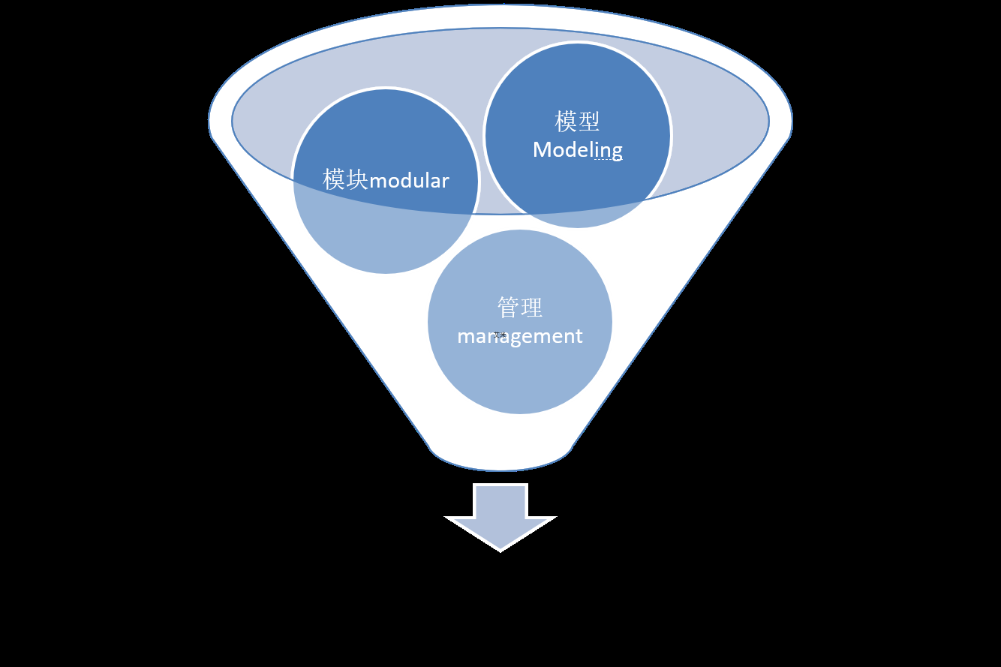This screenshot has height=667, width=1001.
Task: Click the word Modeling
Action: click(x=577, y=150)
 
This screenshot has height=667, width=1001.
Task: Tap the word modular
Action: click(x=409, y=181)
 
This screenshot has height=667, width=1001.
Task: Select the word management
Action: click(x=519, y=336)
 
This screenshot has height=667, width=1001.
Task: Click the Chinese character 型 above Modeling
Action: click(x=588, y=122)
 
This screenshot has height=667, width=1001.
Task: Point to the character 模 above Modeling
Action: click(x=566, y=122)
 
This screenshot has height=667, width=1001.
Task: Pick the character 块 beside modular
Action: click(x=357, y=180)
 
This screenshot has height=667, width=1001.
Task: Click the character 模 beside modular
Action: click(x=335, y=180)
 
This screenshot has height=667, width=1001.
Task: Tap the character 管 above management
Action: click(x=508, y=308)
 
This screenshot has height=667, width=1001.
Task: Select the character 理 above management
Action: click(x=531, y=308)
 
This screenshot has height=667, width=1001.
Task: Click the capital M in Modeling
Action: click(x=541, y=150)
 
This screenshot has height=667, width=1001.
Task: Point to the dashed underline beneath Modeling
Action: click(x=608, y=160)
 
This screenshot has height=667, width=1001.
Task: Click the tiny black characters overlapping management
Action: click(x=501, y=335)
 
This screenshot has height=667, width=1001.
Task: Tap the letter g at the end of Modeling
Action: click(x=616, y=152)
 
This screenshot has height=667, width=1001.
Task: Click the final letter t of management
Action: click(x=579, y=336)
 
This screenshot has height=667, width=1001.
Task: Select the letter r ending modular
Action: click(x=445, y=182)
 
